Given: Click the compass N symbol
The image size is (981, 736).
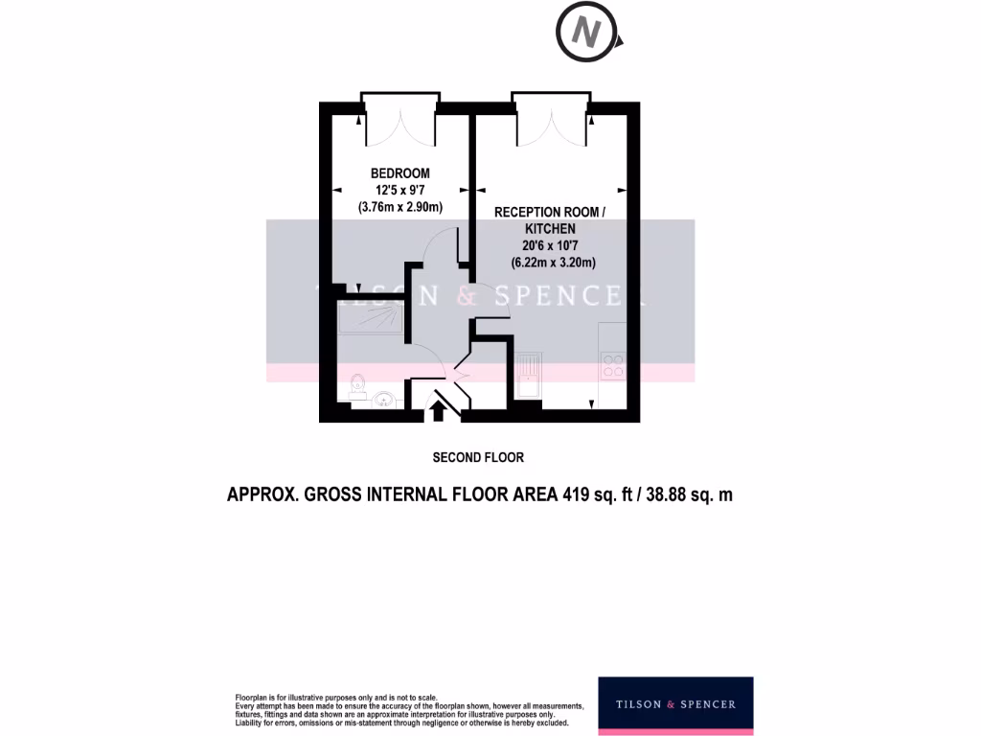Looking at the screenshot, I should (586, 35).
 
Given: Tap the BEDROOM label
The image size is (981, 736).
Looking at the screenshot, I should (400, 173).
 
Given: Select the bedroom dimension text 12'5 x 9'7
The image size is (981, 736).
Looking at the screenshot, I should (400, 190).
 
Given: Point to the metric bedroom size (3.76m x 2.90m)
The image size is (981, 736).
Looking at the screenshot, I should (400, 206).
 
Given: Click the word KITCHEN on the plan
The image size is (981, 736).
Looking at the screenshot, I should (550, 229).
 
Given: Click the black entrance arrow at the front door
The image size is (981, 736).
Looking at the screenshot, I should (439, 410).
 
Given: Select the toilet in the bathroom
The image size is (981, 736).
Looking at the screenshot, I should (356, 386).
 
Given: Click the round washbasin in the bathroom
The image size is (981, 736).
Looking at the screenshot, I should (384, 400).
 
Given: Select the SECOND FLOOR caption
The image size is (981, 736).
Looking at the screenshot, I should (478, 457).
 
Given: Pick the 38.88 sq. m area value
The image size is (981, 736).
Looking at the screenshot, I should (688, 495).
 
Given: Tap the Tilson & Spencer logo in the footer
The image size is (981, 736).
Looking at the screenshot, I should (675, 704).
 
